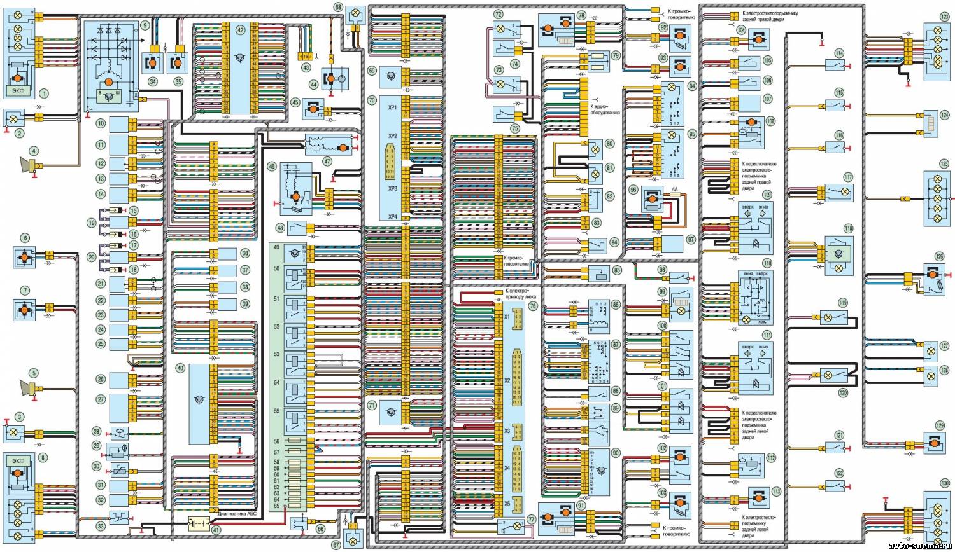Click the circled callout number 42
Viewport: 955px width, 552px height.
pos(240,30)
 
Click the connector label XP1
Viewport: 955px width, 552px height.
pos(392,108)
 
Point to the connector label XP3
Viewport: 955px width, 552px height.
pos(392,189)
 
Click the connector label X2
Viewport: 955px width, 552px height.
pos(507,382)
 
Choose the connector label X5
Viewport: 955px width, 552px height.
pos(507,504)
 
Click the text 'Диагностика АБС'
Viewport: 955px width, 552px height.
pos(236,516)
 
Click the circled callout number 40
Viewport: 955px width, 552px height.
pos(181,368)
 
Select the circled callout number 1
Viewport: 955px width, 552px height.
pos(44,93)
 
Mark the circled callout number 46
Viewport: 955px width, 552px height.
pos(272,167)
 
